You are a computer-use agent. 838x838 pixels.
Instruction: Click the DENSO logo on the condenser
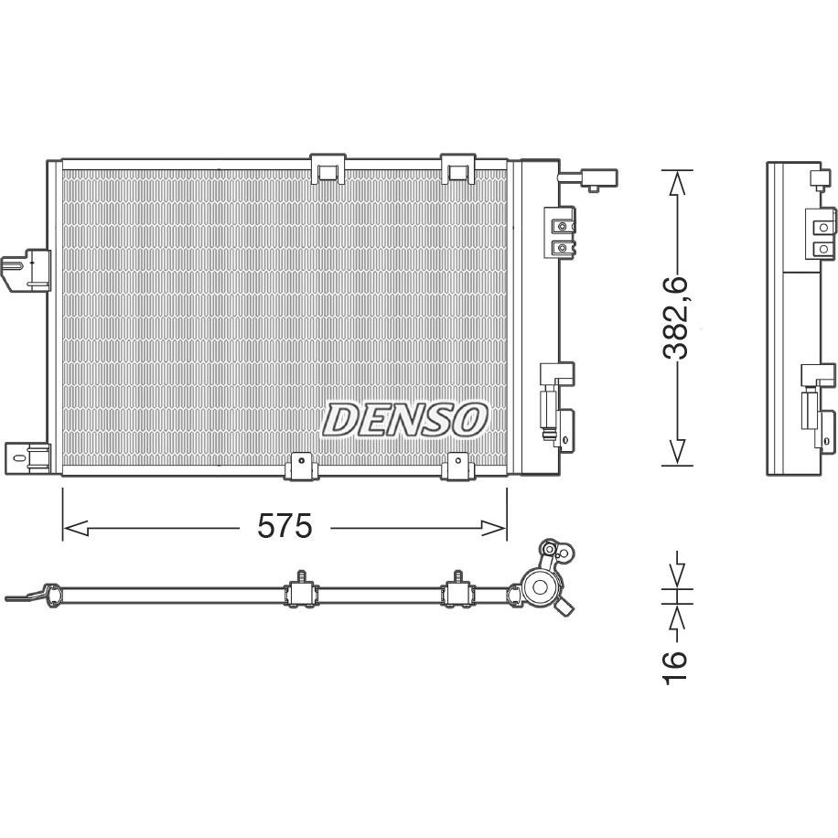coord(404,419)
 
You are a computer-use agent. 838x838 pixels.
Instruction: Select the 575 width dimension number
coord(285,526)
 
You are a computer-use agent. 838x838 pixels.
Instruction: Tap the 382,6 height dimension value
coord(675,318)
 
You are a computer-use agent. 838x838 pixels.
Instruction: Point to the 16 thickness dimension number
coord(674,666)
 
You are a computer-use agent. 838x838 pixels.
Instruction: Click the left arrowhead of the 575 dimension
coord(75,529)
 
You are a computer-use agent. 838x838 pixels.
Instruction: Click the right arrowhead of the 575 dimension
coord(493,529)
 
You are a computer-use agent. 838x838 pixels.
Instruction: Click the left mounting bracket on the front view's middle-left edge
coord(26,271)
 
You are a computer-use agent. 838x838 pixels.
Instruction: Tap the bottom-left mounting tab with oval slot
coord(27,458)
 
